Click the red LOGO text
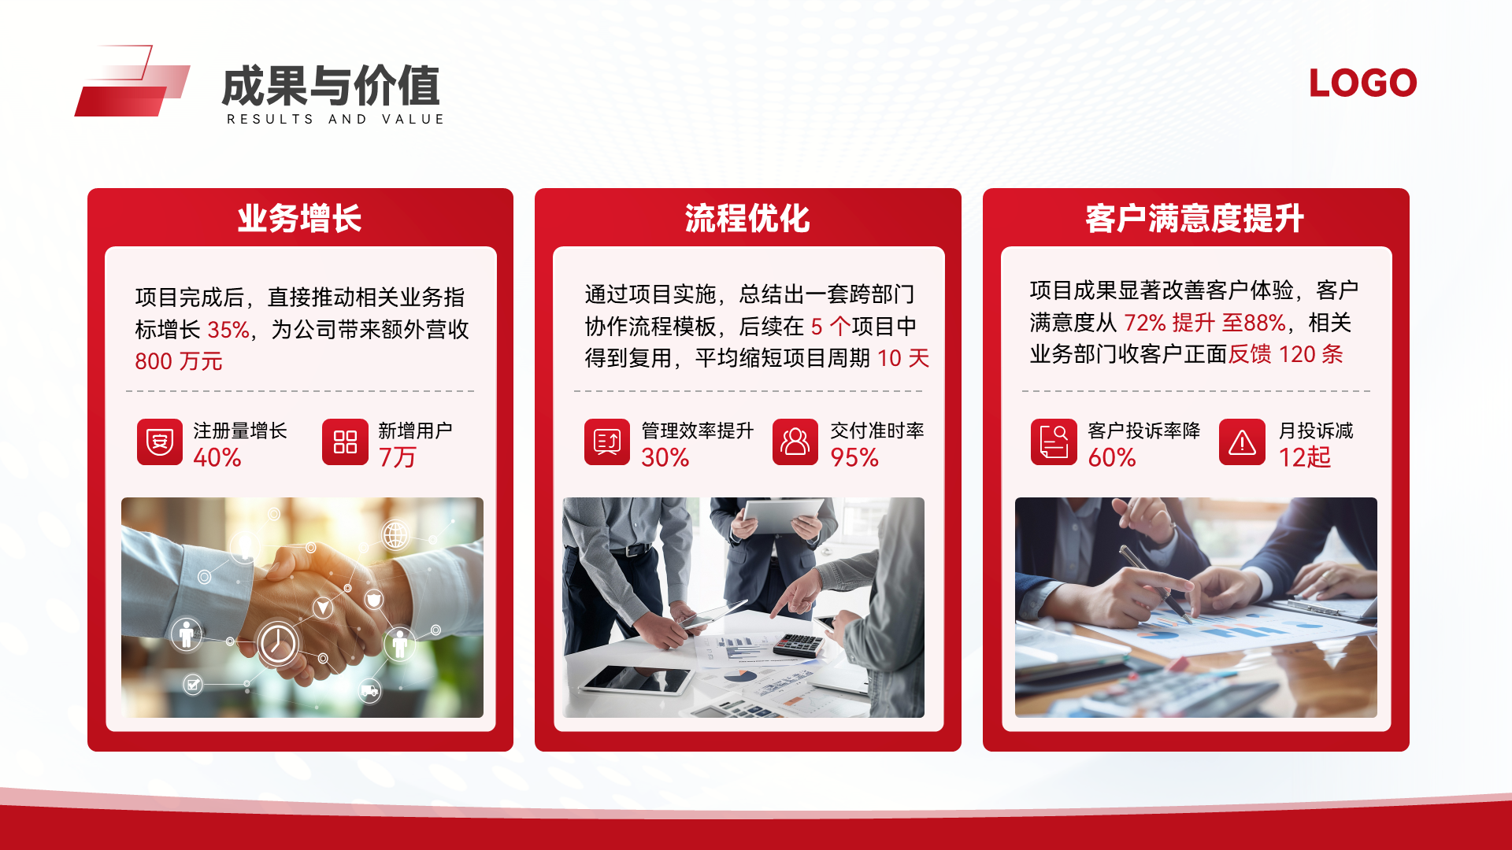tap(1362, 83)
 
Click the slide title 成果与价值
tap(331, 86)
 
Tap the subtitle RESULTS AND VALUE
tap(335, 119)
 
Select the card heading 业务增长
tap(299, 218)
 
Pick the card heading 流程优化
tap(747, 218)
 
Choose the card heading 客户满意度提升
tap(1195, 218)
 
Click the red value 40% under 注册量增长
tap(217, 457)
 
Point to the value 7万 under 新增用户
tap(398, 457)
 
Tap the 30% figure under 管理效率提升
tap(665, 457)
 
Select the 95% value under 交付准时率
tap(854, 457)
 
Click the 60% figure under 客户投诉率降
tap(1112, 457)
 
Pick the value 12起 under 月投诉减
tap(1305, 457)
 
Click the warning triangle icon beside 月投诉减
tap(1242, 442)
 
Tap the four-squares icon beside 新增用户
tap(345, 442)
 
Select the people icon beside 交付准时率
tap(795, 442)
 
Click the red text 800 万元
tap(179, 361)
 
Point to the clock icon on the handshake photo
tap(277, 644)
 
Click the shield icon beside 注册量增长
tap(160, 442)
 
